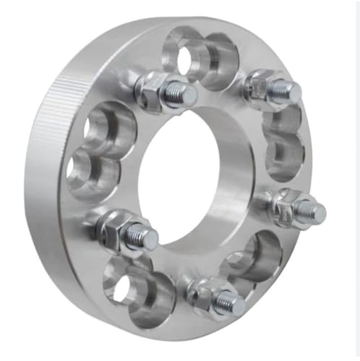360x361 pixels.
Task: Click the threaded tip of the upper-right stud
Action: (x=287, y=92)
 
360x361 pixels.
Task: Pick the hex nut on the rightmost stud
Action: (x=287, y=204)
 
